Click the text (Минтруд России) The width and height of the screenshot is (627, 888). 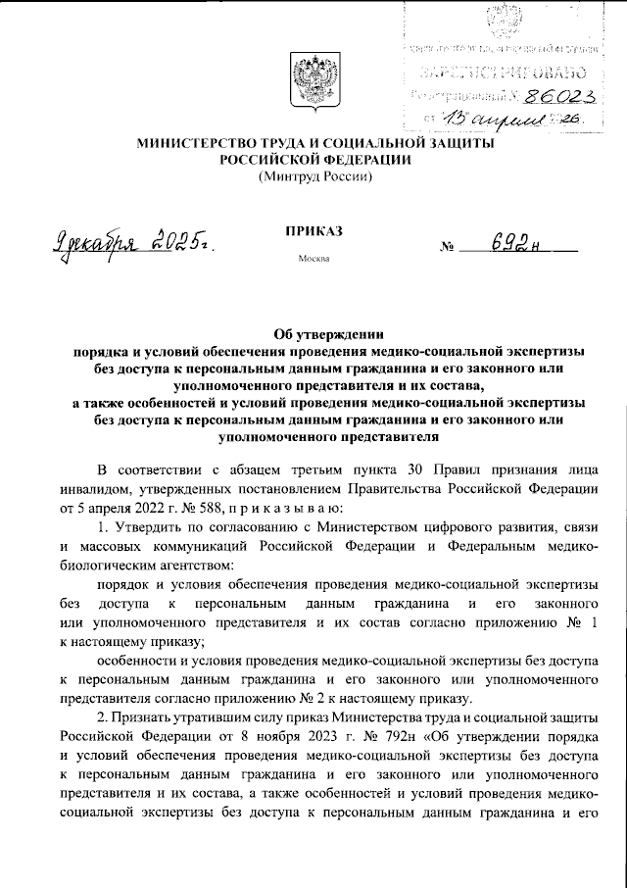pyautogui.click(x=314, y=176)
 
